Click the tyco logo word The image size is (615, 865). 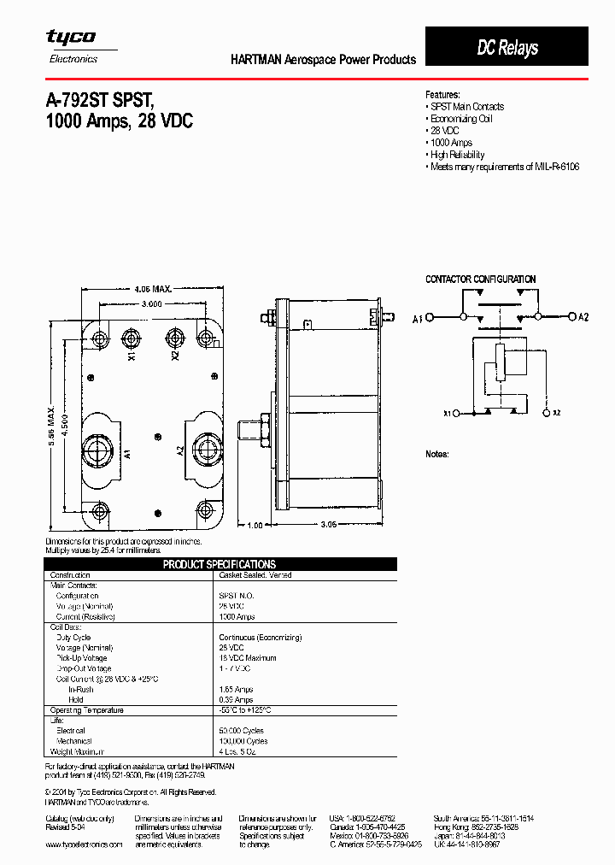[70, 37]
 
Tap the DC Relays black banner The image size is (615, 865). [507, 48]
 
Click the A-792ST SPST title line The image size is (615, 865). [105, 98]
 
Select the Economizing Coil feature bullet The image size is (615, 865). [461, 119]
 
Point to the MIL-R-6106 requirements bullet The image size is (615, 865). [505, 167]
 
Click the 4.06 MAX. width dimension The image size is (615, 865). [153, 290]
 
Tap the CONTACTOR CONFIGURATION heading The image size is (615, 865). [480, 280]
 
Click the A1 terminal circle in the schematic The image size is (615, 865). [430, 318]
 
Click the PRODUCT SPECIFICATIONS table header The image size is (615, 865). [220, 564]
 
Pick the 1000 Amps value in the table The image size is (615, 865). [237, 616]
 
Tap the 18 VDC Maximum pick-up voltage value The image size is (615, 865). [247, 658]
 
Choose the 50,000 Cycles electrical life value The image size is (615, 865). [243, 731]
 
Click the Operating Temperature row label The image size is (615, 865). [86, 710]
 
